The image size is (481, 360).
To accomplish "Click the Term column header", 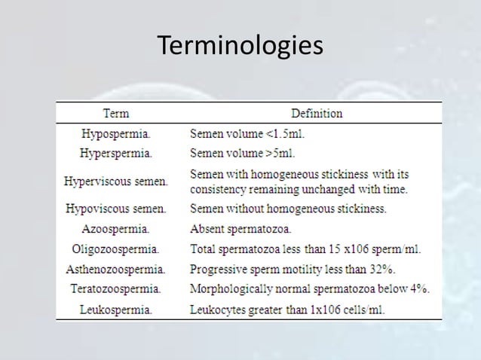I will (115, 114).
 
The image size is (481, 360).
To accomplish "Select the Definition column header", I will (317, 114).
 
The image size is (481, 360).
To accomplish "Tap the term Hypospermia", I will (115, 135).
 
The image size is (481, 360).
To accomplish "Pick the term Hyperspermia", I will (116, 154).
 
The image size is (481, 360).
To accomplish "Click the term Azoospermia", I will (115, 228).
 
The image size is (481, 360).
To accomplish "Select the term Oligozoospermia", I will (115, 249).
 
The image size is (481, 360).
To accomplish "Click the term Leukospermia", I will (115, 309).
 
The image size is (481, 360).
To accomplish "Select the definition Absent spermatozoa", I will (241, 228).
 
